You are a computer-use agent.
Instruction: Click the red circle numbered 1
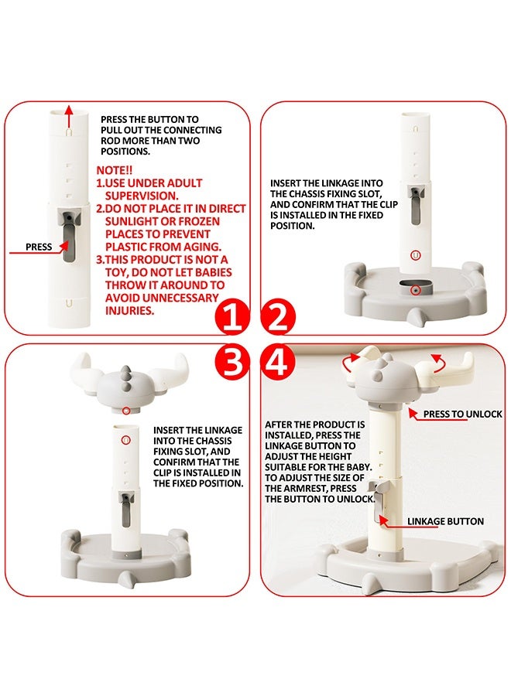232,317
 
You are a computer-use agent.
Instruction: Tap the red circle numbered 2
278,317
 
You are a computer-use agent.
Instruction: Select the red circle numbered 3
232,362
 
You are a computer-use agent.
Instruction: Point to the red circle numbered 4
278,362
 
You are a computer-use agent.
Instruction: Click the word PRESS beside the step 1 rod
39,247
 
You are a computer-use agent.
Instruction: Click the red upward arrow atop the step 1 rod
68,116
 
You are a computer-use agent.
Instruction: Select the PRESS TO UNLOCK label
462,415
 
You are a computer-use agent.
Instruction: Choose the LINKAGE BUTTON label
445,521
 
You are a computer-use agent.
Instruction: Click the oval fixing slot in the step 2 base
416,289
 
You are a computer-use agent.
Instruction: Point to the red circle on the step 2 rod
415,255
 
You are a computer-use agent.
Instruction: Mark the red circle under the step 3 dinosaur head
126,411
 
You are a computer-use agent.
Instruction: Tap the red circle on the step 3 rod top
125,440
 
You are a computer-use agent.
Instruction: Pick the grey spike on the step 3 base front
126,578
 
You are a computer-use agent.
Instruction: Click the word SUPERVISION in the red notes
142,196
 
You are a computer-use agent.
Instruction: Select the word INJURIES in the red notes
130,311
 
